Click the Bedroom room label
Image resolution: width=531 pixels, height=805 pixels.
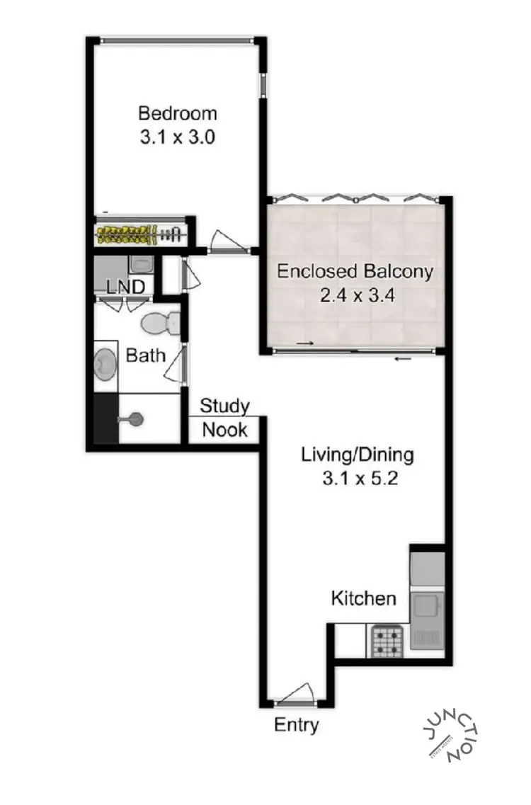(x=177, y=113)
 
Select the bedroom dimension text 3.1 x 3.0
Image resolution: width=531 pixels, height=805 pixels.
(x=177, y=136)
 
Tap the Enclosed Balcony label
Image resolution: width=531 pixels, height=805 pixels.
(x=355, y=271)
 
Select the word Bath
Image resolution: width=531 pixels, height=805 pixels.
(x=145, y=355)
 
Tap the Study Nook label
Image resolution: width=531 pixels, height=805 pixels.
(x=224, y=418)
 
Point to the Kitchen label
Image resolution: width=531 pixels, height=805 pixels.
(x=363, y=598)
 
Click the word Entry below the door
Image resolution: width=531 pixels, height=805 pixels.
(x=296, y=725)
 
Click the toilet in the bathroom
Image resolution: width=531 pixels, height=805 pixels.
(x=160, y=324)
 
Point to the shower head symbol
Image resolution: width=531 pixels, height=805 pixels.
(x=133, y=420)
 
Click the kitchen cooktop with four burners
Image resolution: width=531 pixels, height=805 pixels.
(x=387, y=641)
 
